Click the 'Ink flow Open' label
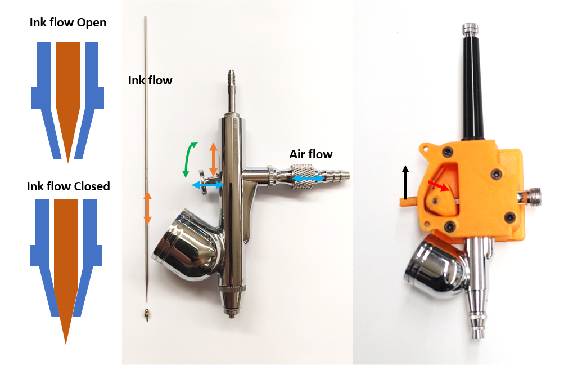tap(68, 23)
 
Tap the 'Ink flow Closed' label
tap(69, 186)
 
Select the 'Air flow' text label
tap(311, 154)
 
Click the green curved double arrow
tap(190, 159)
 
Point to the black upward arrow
tap(405, 182)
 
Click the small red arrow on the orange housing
tap(439, 185)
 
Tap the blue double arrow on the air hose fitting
tap(308, 179)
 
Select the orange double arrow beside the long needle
tap(147, 207)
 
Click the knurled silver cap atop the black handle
tap(470, 28)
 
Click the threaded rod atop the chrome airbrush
tap(231, 91)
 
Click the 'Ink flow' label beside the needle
tap(150, 81)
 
